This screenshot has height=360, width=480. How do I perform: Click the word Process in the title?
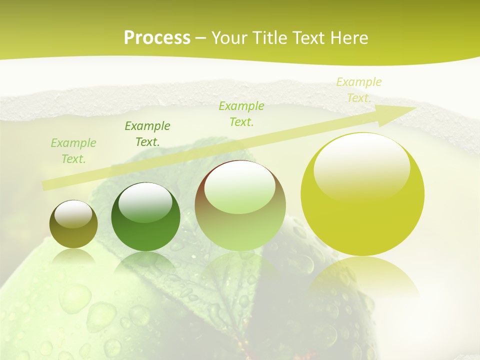click(x=157, y=38)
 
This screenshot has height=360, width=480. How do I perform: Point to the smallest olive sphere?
click(x=73, y=224)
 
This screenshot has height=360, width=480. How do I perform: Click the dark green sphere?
click(x=145, y=217)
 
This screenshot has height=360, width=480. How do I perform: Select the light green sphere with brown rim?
click(x=240, y=206)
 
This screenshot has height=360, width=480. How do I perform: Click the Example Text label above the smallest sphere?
click(x=73, y=151)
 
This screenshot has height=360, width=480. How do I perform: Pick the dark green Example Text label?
click(x=147, y=134)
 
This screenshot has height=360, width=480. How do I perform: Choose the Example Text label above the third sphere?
click(x=241, y=114)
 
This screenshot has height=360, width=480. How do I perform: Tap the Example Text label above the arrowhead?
click(x=358, y=90)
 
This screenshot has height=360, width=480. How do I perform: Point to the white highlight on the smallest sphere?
click(x=73, y=214)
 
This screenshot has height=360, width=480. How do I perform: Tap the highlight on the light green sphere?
click(x=240, y=188)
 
